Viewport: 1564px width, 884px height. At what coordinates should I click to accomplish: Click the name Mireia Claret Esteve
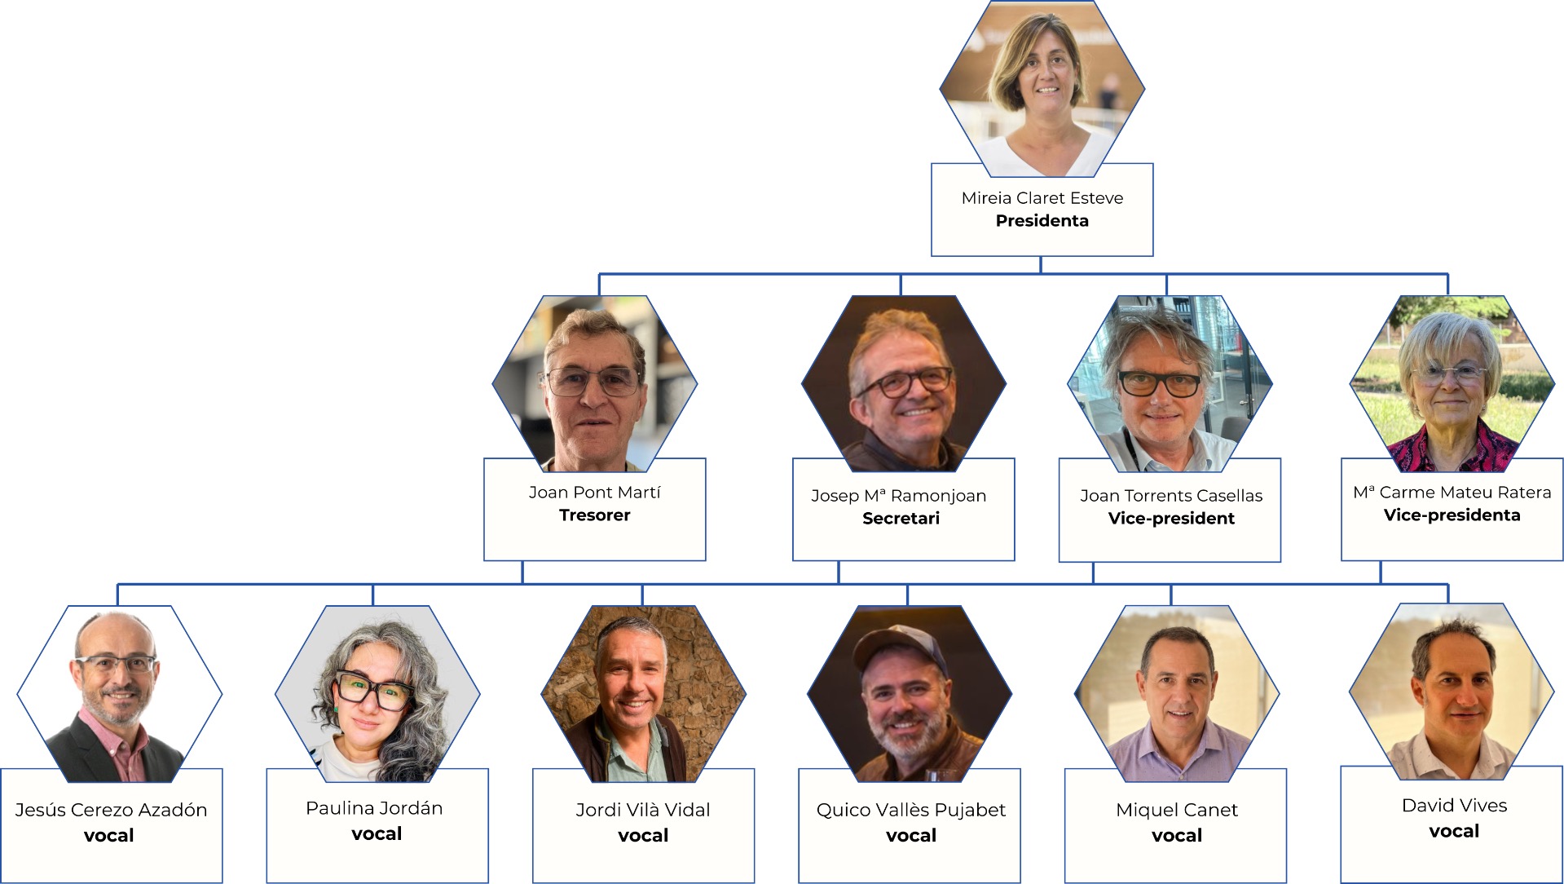(x=1042, y=198)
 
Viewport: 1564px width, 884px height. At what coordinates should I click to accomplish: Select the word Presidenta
(x=1042, y=221)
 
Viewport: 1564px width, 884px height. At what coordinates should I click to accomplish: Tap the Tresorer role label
(x=594, y=515)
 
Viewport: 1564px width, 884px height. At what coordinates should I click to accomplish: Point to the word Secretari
(x=901, y=519)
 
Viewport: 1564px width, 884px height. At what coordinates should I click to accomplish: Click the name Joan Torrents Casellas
(x=1171, y=496)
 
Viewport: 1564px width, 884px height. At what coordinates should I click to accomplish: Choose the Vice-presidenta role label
(x=1452, y=515)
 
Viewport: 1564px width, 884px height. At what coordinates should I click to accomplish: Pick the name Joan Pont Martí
(x=594, y=493)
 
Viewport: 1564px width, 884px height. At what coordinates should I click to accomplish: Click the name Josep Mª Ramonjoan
(x=898, y=496)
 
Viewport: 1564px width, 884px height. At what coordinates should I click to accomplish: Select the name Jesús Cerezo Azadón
(x=111, y=810)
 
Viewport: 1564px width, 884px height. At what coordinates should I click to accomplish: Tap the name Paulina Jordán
(x=374, y=808)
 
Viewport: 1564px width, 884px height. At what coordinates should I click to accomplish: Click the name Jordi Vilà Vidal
(x=643, y=810)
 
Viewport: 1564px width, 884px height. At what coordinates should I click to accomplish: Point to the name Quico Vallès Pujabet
(x=911, y=810)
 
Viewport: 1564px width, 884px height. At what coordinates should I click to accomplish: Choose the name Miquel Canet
(x=1177, y=810)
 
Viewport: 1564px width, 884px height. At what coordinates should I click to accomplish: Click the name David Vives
(x=1455, y=806)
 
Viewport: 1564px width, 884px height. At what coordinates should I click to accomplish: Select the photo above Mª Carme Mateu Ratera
(x=1452, y=383)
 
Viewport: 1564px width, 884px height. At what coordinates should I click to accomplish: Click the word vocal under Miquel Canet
(x=1177, y=835)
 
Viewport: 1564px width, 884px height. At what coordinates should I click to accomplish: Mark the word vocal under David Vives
(x=1454, y=831)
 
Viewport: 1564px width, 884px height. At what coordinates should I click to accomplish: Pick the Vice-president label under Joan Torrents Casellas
(x=1171, y=519)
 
